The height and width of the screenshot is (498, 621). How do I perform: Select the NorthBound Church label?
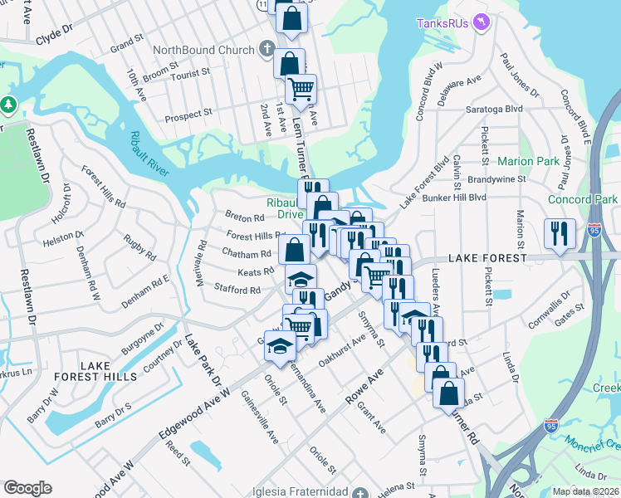[x=203, y=50]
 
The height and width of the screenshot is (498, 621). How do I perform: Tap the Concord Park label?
[x=583, y=200]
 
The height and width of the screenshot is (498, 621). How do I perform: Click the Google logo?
[x=27, y=488]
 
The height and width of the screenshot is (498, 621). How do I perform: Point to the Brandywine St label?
[x=497, y=178]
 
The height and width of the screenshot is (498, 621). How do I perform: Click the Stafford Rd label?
[x=237, y=290]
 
